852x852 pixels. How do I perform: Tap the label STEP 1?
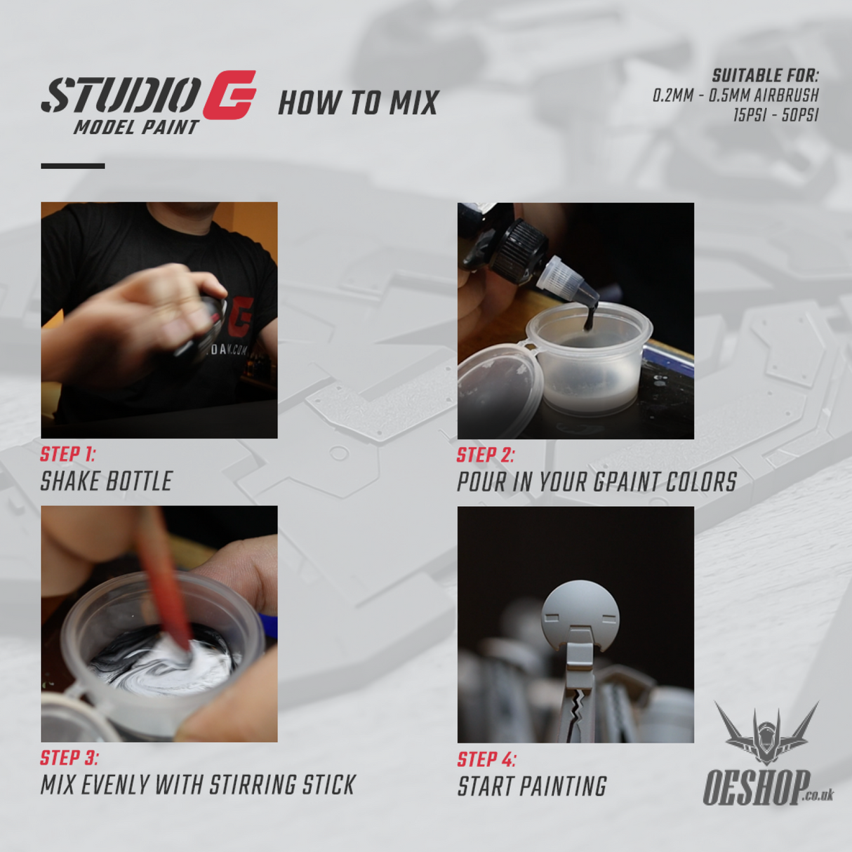point(67,454)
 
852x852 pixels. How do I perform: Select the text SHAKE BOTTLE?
point(106,481)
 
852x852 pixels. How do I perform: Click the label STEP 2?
point(485,455)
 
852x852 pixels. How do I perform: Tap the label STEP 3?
point(69,758)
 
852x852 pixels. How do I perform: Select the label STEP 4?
point(486,760)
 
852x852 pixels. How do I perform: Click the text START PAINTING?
point(531,787)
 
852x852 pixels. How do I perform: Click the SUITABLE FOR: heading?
point(765,76)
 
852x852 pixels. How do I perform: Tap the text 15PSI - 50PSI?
point(776,115)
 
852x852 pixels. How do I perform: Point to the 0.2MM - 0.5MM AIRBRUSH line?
point(735,95)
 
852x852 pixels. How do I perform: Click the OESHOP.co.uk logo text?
point(758,788)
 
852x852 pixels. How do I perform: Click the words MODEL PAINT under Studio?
point(136,128)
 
